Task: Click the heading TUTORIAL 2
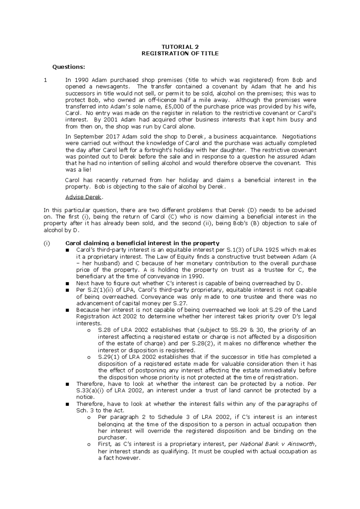coord(180,47)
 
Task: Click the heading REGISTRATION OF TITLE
coord(180,54)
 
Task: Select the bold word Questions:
coord(69,67)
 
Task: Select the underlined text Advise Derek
coord(84,197)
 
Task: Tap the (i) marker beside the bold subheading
coord(47,243)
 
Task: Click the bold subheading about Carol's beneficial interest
coord(142,243)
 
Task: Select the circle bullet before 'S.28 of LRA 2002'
coord(88,330)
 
